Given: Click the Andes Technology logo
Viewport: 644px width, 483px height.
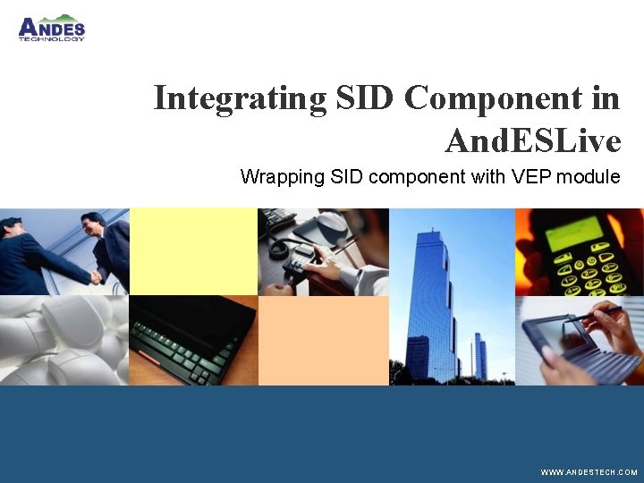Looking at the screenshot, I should click(51, 29).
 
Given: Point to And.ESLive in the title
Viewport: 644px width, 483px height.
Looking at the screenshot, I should click(532, 140).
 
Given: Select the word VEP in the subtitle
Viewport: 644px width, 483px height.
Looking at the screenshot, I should click(532, 176).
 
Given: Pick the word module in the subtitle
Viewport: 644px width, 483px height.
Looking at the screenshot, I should click(589, 176).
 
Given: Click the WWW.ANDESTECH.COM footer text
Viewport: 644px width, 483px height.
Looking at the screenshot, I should click(589, 471).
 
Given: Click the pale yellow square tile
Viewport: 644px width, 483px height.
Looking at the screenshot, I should click(193, 251).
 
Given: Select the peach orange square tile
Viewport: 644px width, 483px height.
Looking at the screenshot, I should click(323, 341).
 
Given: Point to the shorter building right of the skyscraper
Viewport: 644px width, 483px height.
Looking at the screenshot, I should click(480, 357).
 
